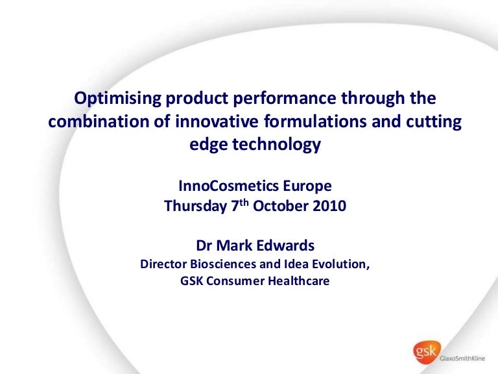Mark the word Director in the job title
click(162, 265)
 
